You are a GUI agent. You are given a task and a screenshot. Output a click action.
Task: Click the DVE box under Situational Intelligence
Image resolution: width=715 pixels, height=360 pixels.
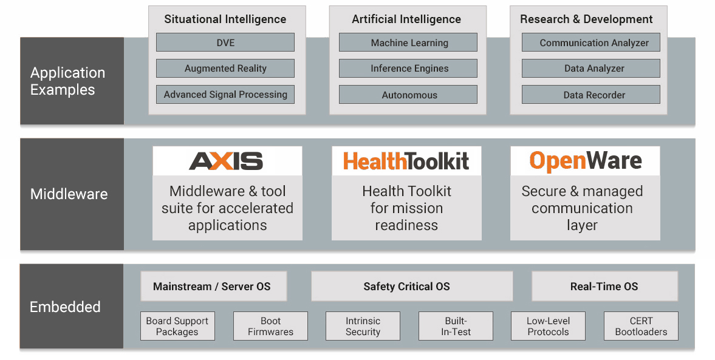(x=225, y=42)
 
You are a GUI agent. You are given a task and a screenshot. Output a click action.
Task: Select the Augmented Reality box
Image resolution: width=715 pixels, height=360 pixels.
(x=225, y=69)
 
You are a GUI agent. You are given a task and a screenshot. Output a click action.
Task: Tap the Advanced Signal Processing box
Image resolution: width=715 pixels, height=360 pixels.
(x=225, y=94)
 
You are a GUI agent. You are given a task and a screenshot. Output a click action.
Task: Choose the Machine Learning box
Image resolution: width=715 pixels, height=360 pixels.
(x=408, y=42)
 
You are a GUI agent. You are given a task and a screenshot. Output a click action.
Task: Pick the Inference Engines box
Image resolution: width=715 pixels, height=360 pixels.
(x=408, y=69)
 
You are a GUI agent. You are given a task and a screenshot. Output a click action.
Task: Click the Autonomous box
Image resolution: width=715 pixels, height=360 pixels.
(x=408, y=94)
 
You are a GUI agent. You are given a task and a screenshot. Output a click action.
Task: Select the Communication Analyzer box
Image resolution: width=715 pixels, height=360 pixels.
(x=591, y=42)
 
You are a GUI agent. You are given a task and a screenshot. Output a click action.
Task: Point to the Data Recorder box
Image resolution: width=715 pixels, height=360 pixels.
(x=591, y=94)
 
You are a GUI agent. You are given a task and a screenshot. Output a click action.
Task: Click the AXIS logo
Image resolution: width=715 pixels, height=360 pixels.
(x=226, y=161)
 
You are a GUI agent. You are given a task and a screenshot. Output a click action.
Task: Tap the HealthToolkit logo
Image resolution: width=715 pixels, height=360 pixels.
(x=406, y=161)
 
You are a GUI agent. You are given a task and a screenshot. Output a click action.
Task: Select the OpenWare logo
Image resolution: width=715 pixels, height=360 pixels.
(x=586, y=161)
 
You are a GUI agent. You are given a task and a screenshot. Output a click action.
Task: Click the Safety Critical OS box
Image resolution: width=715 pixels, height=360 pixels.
(x=412, y=286)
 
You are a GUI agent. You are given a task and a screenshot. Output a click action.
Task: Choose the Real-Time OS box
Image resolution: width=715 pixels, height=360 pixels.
(x=604, y=286)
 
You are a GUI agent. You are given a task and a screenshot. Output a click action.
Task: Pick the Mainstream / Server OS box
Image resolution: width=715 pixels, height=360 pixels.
(x=213, y=286)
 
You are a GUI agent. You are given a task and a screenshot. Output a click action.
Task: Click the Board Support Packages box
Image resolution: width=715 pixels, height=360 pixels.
(x=177, y=326)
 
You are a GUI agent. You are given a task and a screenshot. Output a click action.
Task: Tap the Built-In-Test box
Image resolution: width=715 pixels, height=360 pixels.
(x=456, y=326)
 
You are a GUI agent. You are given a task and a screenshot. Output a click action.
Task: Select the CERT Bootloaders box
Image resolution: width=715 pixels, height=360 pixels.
(x=641, y=326)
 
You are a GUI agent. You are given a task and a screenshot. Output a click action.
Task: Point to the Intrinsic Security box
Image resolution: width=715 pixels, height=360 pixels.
(x=363, y=326)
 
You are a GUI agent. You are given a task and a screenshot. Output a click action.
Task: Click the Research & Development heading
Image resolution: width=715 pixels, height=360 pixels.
(x=586, y=19)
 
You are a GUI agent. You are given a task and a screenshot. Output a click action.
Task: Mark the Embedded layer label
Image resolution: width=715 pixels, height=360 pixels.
(x=65, y=307)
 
